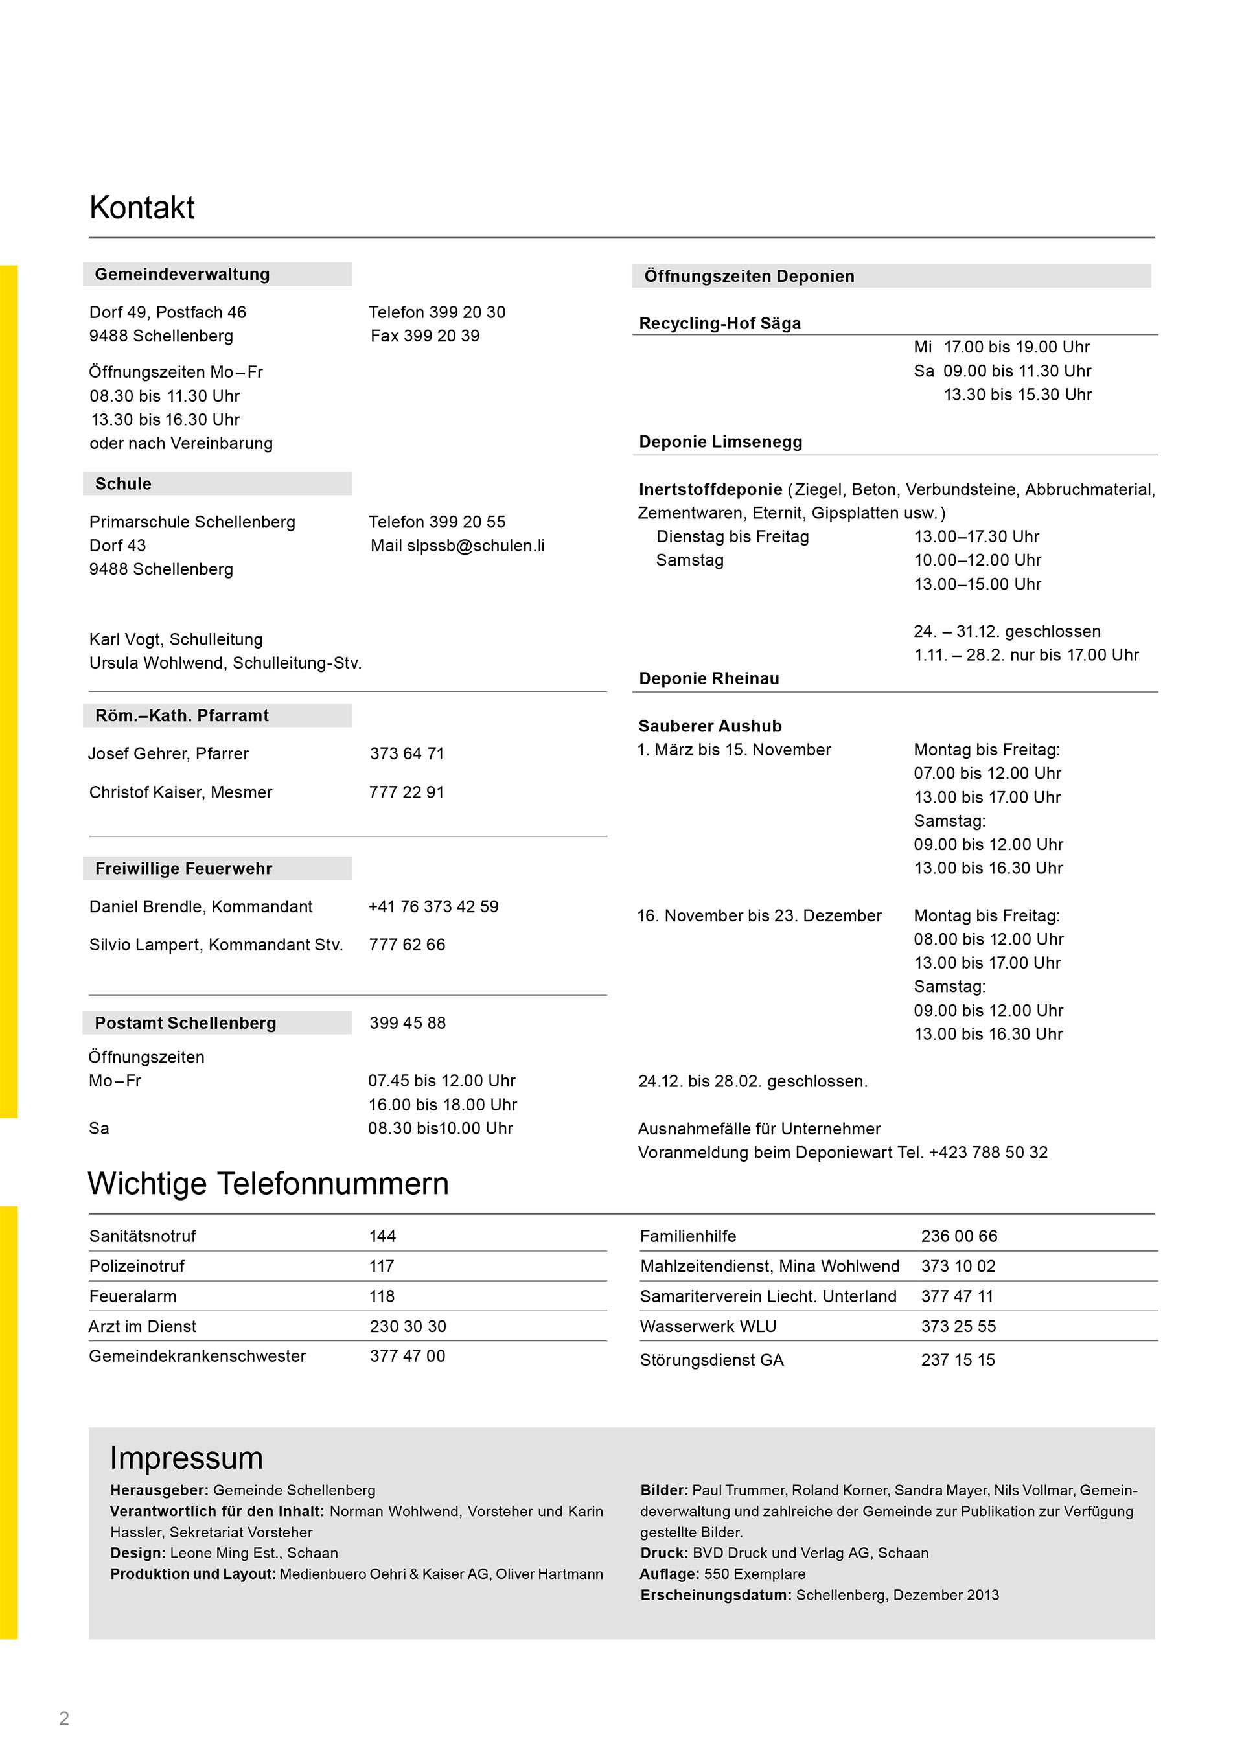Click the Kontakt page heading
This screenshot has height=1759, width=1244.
[x=142, y=207]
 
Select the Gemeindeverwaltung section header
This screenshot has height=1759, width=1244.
[x=182, y=274]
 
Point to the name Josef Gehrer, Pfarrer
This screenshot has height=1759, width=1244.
[x=168, y=754]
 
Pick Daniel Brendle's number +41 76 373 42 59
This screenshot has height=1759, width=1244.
[x=433, y=906]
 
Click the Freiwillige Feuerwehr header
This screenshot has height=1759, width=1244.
[x=184, y=868]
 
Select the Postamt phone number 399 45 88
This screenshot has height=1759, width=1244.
[x=408, y=1023]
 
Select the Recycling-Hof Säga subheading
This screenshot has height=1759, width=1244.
[x=720, y=323]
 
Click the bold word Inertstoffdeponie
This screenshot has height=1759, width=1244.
[x=710, y=490]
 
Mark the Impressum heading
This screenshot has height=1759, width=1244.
[x=186, y=1458]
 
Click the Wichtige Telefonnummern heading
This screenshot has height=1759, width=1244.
[x=268, y=1184]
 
